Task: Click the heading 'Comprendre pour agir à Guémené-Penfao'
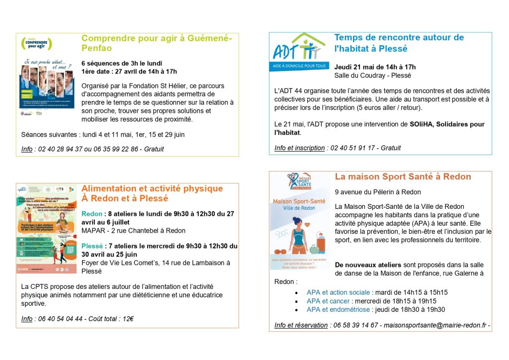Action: pyautogui.click(x=156, y=43)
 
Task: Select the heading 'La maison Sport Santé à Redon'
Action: pyautogui.click(x=403, y=177)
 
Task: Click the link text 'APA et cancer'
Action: pyautogui.click(x=328, y=301)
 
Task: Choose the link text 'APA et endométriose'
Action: pyautogui.click(x=338, y=309)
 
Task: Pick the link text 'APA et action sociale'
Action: pyautogui.click(x=338, y=292)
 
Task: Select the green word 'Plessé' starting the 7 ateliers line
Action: pyautogui.click(x=92, y=246)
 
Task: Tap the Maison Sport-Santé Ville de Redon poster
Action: pyautogui.click(x=299, y=221)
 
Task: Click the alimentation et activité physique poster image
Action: pyautogui.click(x=47, y=229)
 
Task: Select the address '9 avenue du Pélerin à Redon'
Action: pyautogui.click(x=378, y=192)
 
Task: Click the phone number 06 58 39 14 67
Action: pyautogui.click(x=356, y=325)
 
